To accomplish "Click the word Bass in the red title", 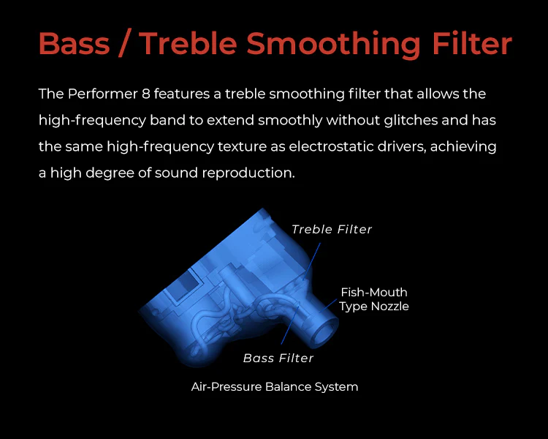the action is pos(74,43).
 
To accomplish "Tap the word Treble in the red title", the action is pos(189,43).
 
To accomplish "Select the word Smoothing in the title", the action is pos(333,45).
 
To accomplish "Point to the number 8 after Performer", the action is pos(146,94).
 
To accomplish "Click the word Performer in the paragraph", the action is pos(103,94).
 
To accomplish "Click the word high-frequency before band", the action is pos(92,121).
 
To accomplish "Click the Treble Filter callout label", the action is pos(332,229).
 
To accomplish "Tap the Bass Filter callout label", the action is pos(278,358).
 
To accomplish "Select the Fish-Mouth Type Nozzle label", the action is pos(373,299).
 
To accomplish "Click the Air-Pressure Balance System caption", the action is pos(274,387).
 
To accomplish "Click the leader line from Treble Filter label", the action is pos(312,260).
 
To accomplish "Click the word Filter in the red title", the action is pos(472,43).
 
